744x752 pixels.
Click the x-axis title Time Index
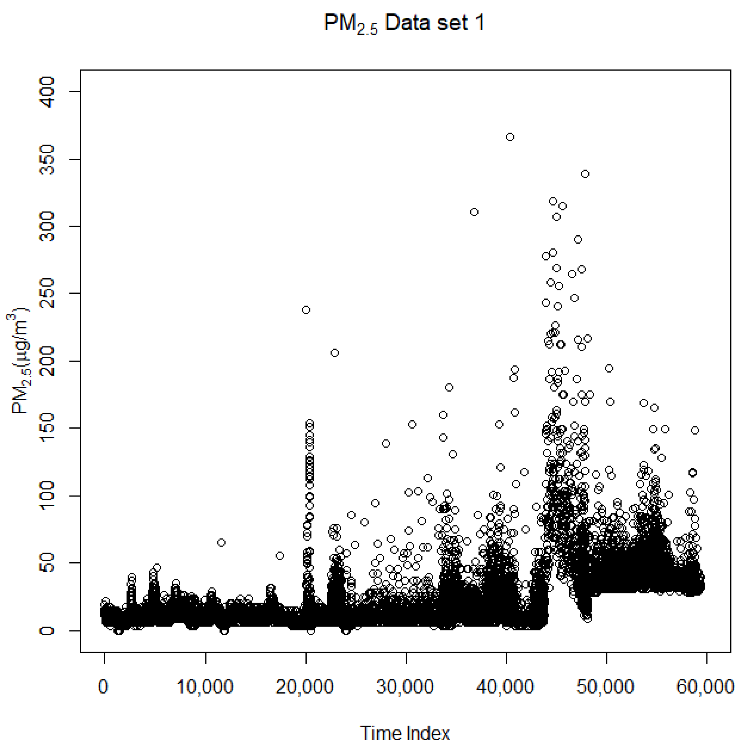coord(405,733)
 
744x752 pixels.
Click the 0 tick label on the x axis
coord(103,687)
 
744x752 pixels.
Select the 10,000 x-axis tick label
coord(205,687)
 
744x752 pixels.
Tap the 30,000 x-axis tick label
coord(405,687)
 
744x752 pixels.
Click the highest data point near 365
coord(510,137)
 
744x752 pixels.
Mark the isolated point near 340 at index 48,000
coord(585,174)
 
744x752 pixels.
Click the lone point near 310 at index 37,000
coord(474,212)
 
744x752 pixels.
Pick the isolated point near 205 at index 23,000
coord(335,352)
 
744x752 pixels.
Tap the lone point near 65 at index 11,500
coord(221,542)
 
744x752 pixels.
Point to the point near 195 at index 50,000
coord(609,368)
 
